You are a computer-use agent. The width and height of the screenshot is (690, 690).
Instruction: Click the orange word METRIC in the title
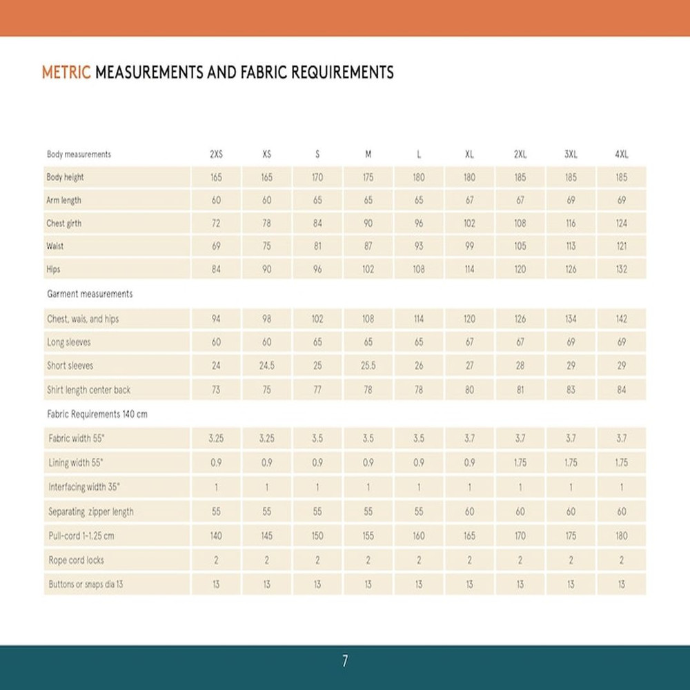66,72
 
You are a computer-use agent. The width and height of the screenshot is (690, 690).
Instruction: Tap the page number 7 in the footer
345,661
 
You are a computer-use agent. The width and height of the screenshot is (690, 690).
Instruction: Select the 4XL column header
622,155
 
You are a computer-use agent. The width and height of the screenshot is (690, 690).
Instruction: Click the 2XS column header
216,155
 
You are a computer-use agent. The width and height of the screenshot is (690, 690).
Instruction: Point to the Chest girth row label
64,224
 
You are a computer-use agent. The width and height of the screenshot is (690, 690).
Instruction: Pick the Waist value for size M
368,246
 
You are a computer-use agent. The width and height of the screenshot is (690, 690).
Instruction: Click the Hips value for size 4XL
622,269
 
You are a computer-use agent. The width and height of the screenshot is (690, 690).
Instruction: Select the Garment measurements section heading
90,294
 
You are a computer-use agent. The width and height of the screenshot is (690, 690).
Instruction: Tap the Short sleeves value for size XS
266,366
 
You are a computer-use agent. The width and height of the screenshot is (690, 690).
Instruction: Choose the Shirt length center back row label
88,390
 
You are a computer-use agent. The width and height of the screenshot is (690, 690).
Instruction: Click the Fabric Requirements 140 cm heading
97,415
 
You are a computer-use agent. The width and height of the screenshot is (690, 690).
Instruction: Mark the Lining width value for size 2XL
520,463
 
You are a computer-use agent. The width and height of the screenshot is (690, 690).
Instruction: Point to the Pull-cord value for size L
419,535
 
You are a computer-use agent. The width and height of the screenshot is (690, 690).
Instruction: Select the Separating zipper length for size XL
469,512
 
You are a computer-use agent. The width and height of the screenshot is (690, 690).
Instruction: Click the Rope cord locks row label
76,560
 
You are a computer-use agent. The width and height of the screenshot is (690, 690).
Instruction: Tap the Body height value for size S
317,177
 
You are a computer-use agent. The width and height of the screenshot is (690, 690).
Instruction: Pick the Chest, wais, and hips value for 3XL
571,319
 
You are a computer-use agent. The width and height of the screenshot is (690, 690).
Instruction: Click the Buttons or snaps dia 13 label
86,584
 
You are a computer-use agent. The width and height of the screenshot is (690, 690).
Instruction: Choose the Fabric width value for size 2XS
216,438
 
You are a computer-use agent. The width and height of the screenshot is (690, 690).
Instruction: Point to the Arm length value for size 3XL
571,200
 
